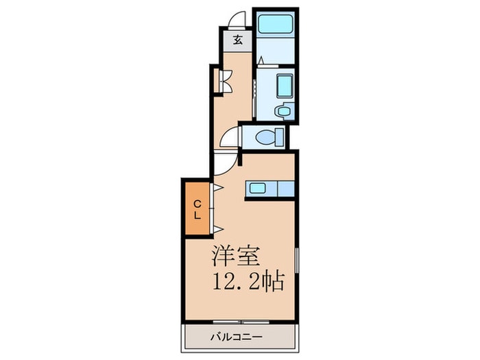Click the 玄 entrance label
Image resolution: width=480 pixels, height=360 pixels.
[237, 40]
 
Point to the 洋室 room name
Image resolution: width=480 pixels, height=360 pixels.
[235, 256]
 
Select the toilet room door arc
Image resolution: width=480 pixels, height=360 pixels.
[231, 137]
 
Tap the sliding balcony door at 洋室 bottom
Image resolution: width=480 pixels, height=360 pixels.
[240, 321]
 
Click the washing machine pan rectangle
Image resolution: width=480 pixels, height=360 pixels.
[283, 87]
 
